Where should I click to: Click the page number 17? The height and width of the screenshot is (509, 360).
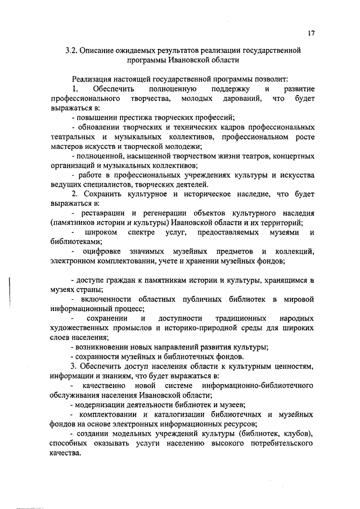[310, 33]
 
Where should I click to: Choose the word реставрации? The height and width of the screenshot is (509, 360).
[104, 213]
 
